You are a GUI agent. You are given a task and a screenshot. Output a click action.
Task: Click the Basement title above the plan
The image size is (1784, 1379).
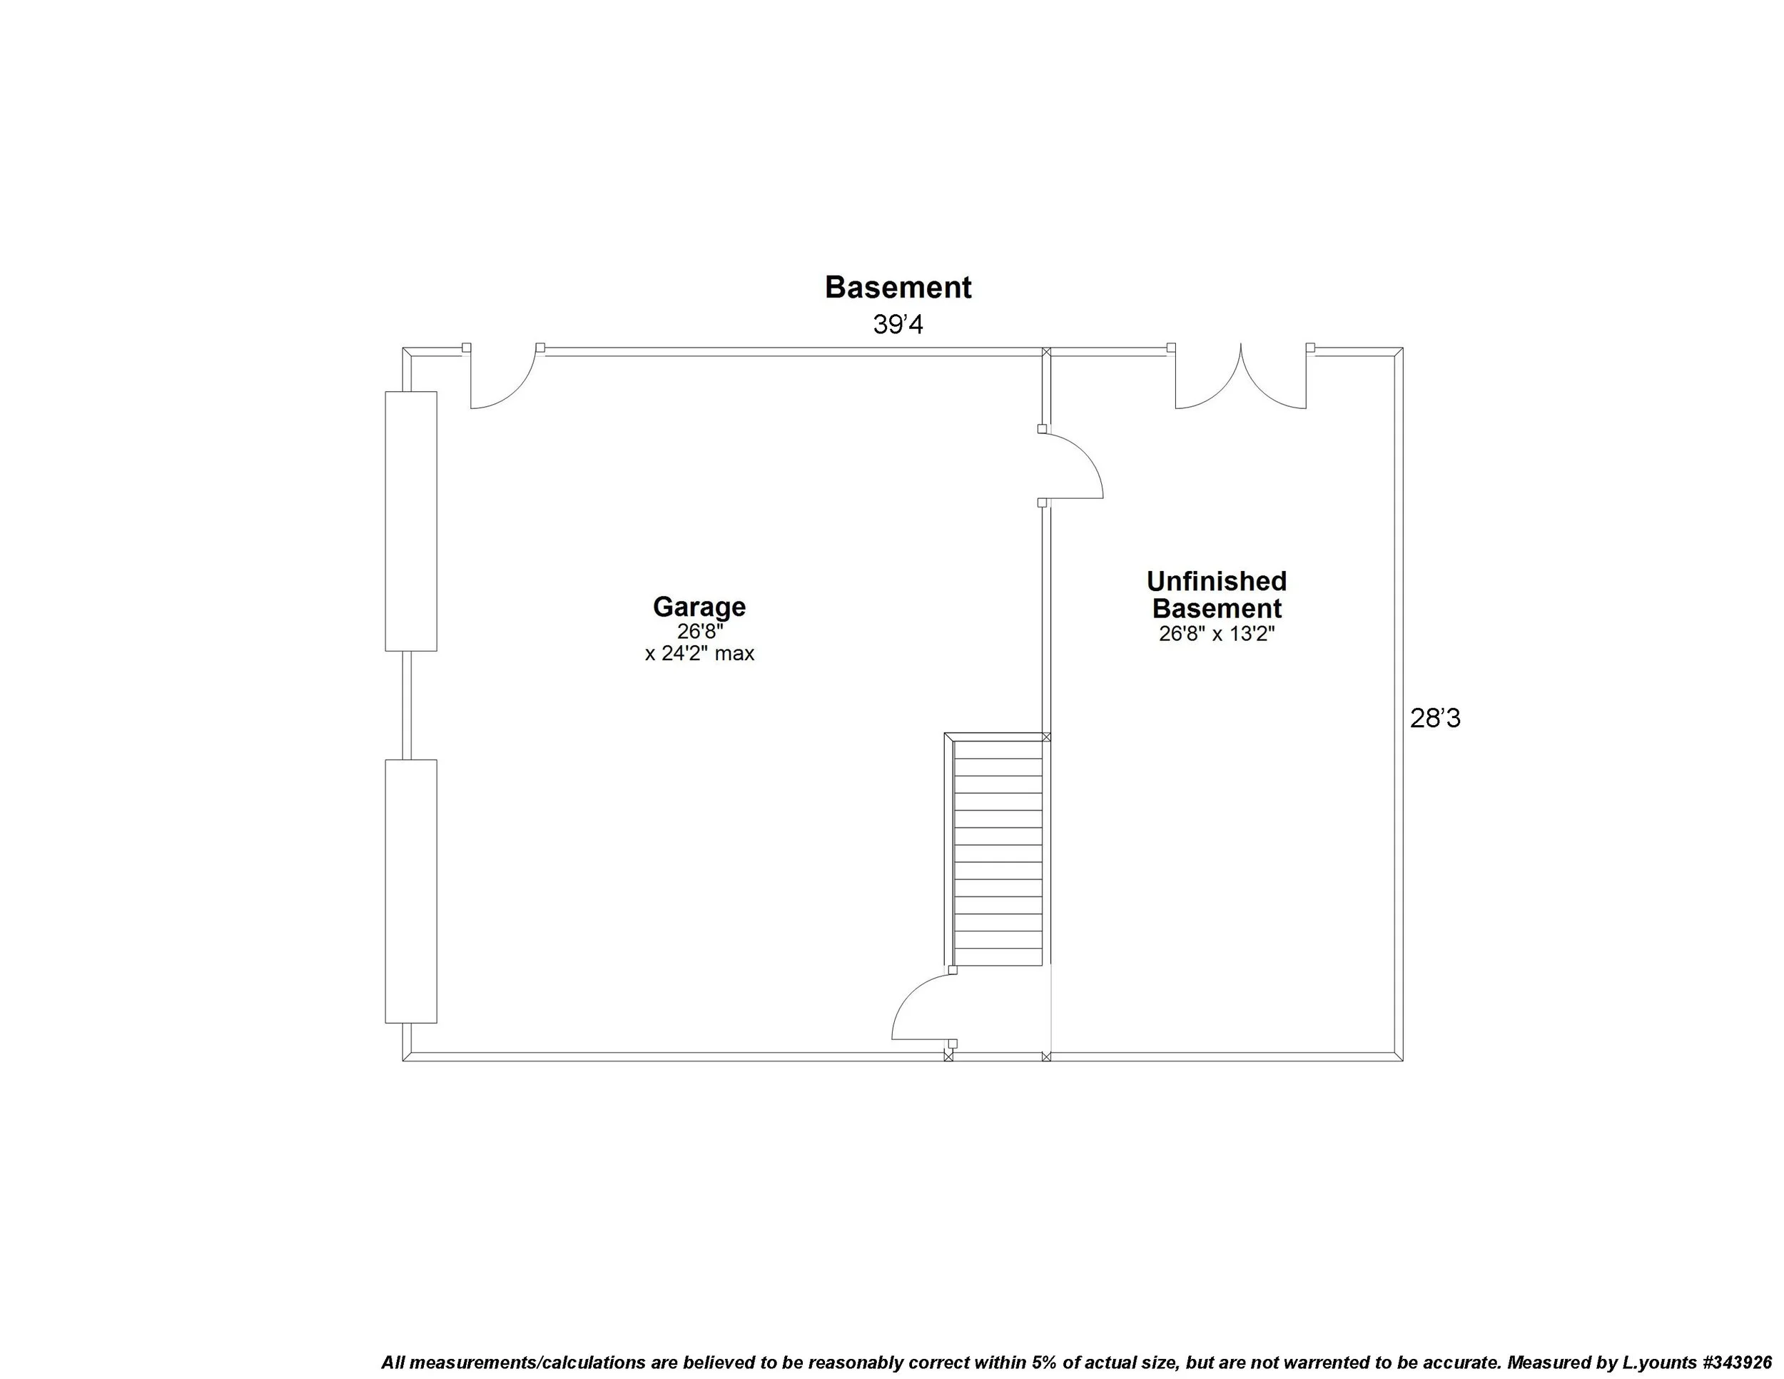[x=898, y=288]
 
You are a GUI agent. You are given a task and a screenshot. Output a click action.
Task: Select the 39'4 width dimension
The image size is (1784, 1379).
[x=898, y=325]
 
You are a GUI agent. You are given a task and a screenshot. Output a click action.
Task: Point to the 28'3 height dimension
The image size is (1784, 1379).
[x=1434, y=718]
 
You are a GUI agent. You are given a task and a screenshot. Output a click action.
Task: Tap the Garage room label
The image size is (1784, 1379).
[x=699, y=606]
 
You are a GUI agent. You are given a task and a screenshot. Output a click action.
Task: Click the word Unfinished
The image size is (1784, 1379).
[x=1216, y=581]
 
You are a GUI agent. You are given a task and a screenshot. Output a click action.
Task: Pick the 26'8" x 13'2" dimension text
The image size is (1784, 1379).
[x=1216, y=634]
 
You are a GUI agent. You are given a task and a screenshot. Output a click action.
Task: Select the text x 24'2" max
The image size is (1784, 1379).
[x=699, y=654]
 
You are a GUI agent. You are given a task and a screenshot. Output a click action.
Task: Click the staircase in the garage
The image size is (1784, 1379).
[x=998, y=850]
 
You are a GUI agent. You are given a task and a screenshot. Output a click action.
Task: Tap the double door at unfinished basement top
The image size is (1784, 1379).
[x=1240, y=378]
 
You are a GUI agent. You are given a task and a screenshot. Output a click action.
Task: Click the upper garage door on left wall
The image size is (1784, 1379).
[x=411, y=521]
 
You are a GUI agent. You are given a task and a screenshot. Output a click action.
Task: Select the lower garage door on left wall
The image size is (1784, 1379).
[x=411, y=891]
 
